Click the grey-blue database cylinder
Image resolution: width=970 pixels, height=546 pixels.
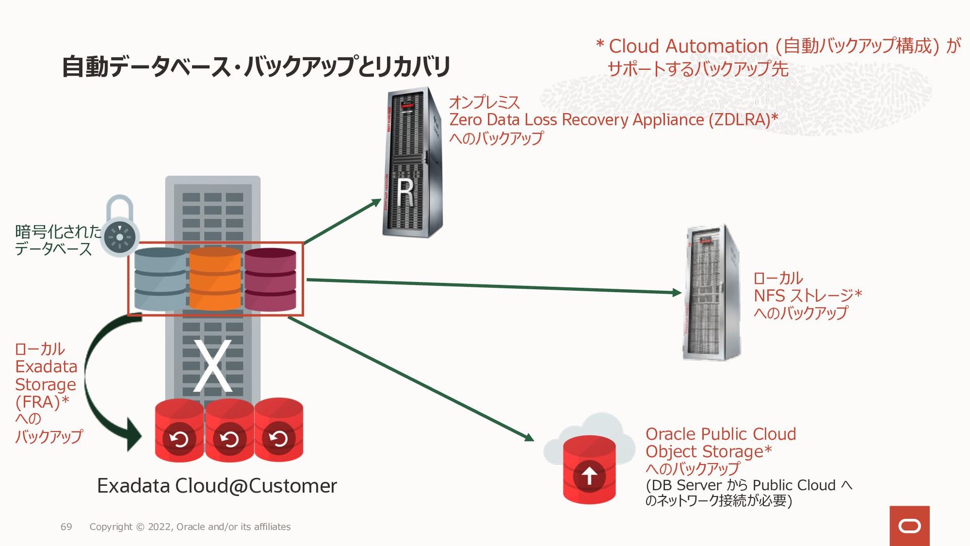(160, 279)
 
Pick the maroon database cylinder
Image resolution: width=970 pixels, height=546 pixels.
(270, 279)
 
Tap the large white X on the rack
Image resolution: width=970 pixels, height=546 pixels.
(213, 367)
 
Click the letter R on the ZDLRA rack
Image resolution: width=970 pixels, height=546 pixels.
(405, 193)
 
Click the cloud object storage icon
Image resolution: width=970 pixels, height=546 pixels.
(589, 458)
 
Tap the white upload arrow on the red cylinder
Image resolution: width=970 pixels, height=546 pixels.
(589, 475)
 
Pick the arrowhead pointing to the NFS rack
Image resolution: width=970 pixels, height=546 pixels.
(677, 292)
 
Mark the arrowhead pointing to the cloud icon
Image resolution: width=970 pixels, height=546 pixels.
(529, 437)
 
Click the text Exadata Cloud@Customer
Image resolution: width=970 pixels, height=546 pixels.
(217, 486)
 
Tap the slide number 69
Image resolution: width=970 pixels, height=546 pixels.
(66, 527)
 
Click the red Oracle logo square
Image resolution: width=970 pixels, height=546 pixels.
(909, 526)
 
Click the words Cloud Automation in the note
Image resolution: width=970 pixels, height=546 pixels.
(688, 46)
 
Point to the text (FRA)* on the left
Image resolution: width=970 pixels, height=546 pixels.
(42, 402)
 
